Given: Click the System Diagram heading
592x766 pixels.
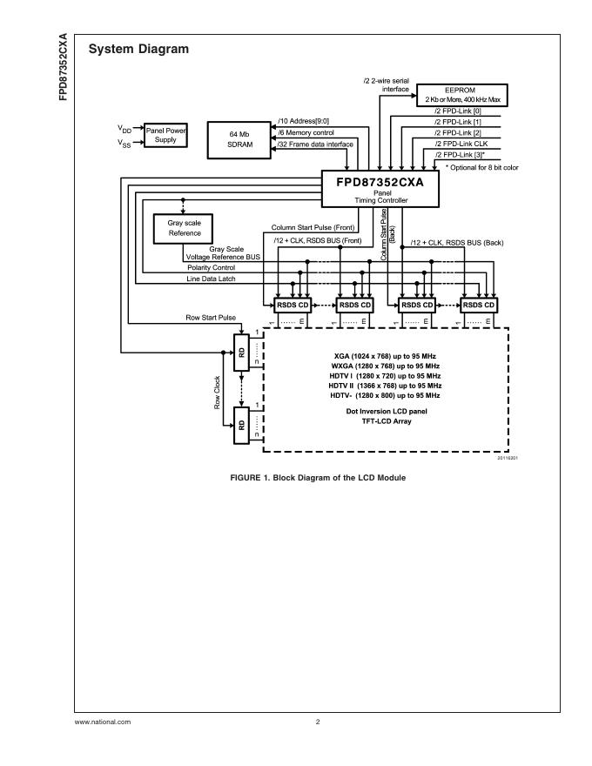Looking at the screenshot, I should click(138, 50).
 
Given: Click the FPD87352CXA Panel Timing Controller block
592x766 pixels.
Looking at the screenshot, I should click(380, 188).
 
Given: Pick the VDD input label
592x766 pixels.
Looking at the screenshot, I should click(124, 128).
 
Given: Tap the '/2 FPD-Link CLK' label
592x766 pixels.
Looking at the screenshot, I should click(461, 143).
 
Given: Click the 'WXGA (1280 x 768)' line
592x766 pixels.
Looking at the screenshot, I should click(386, 366).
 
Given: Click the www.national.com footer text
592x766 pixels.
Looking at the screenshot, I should click(103, 722).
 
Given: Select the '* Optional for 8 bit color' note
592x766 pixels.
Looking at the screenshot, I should click(481, 166).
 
